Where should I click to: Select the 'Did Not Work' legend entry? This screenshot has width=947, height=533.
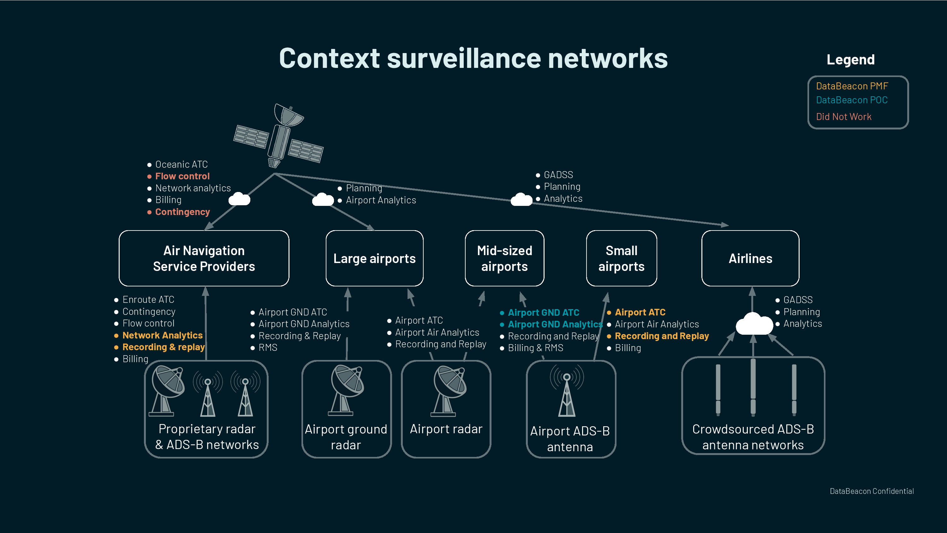843,117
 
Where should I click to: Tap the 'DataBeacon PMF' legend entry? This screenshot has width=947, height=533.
852,86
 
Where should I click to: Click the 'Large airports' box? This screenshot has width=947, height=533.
374,258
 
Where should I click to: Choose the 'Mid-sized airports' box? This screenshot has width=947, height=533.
504,258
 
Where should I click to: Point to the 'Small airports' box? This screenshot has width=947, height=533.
621,258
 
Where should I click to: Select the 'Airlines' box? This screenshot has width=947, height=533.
750,258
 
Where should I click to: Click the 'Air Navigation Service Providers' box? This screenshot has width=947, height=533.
204,258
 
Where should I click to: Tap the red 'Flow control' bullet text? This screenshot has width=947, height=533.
182,176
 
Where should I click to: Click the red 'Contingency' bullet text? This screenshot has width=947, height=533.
182,212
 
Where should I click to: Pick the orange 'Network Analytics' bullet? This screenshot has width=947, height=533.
163,335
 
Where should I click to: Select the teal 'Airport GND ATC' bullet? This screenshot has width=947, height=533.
543,313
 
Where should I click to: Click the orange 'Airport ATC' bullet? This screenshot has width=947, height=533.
640,312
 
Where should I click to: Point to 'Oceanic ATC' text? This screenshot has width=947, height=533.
181,165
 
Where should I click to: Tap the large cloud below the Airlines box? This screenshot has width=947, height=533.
754,324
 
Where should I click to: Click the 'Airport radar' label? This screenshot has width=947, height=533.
446,429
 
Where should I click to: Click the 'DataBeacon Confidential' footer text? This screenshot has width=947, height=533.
872,491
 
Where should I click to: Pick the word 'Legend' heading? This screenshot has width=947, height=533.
850,60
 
